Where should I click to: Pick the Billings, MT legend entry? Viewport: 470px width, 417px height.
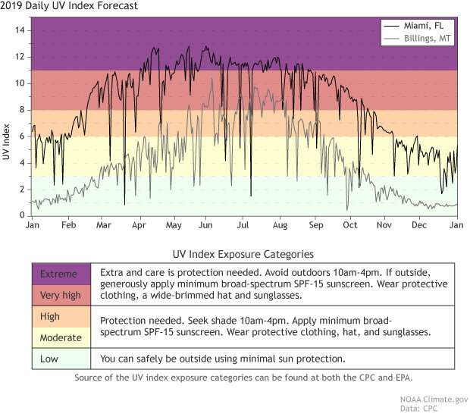426,39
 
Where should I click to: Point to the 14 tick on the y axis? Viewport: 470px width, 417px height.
20,30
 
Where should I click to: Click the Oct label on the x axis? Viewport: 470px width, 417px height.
349,226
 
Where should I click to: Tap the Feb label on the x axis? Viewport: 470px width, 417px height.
68,226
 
